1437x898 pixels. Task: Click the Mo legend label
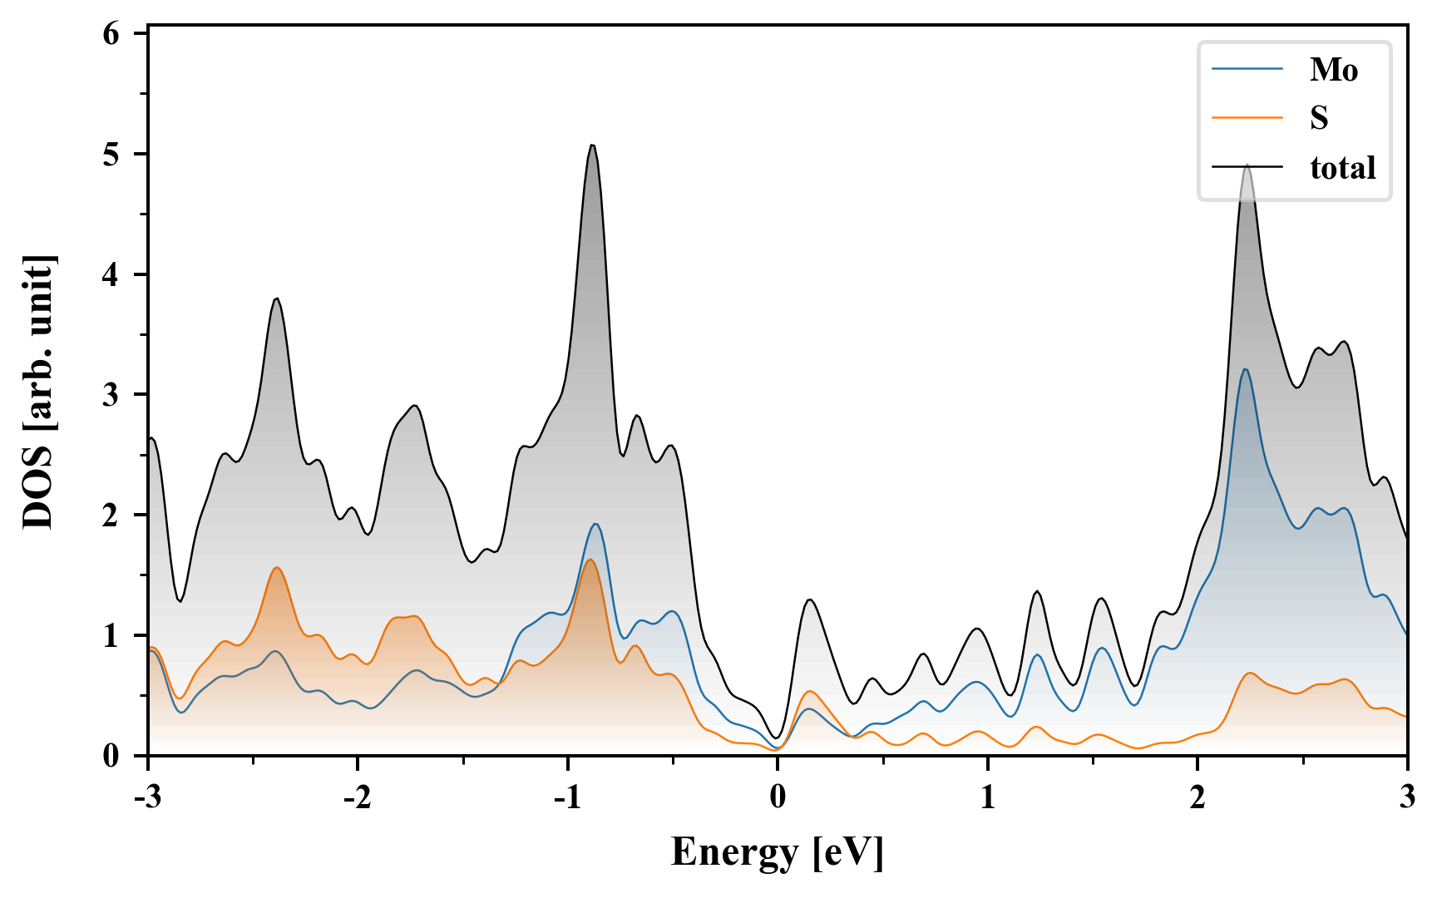click(1333, 70)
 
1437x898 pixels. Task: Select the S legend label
click(1319, 118)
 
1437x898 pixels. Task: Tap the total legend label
click(1342, 168)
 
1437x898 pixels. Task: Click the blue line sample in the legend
click(1247, 69)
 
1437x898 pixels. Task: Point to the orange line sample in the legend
click(1247, 118)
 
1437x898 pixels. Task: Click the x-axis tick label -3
click(147, 797)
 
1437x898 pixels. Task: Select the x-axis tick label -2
click(357, 797)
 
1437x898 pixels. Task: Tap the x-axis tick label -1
click(567, 797)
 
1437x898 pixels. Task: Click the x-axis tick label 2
click(1197, 797)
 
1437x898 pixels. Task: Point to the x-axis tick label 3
click(1407, 797)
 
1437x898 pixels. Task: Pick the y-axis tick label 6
click(111, 34)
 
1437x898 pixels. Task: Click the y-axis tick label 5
click(111, 155)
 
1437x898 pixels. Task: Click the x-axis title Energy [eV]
click(778, 852)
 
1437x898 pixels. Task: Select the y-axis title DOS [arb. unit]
click(39, 393)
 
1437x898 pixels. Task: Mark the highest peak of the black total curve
click(592, 146)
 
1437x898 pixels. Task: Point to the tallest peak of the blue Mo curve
click(1245, 369)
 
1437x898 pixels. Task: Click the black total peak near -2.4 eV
click(277, 298)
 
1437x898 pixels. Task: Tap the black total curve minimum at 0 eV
click(777, 738)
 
